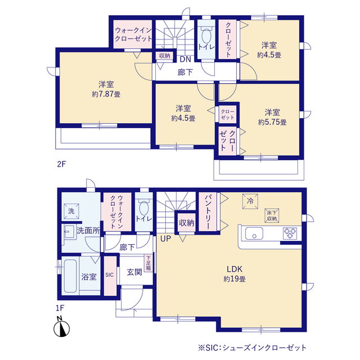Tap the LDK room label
(235, 269)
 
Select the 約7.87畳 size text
(106, 94)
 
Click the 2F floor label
(61, 164)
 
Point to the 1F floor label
(60, 308)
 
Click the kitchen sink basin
(254, 233)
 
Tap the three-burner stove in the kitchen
(290, 233)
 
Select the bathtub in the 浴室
(70, 276)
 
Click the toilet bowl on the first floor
(144, 208)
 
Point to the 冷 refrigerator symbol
(250, 201)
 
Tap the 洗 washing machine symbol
(71, 211)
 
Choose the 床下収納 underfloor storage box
(272, 215)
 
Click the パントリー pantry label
(208, 212)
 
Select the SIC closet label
(110, 275)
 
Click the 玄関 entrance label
(134, 272)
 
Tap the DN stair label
(185, 59)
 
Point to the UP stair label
(165, 238)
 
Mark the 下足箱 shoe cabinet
(148, 263)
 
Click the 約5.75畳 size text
(272, 122)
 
